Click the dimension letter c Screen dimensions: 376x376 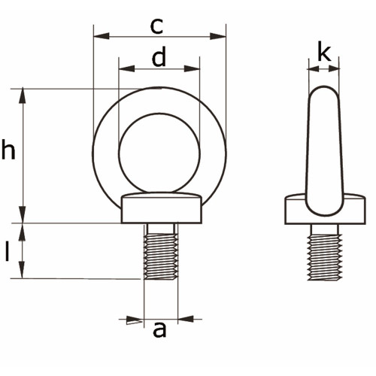[156, 26]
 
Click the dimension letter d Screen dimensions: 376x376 [159, 56]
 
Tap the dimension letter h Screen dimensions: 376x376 [8, 150]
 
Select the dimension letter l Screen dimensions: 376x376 [8, 252]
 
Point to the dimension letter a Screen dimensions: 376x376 [159, 329]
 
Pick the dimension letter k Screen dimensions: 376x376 [324, 52]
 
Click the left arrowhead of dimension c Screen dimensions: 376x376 [102, 36]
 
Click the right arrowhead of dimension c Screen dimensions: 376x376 [218, 36]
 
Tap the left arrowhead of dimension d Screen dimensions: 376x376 [127, 68]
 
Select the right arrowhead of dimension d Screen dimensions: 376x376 [192, 68]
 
